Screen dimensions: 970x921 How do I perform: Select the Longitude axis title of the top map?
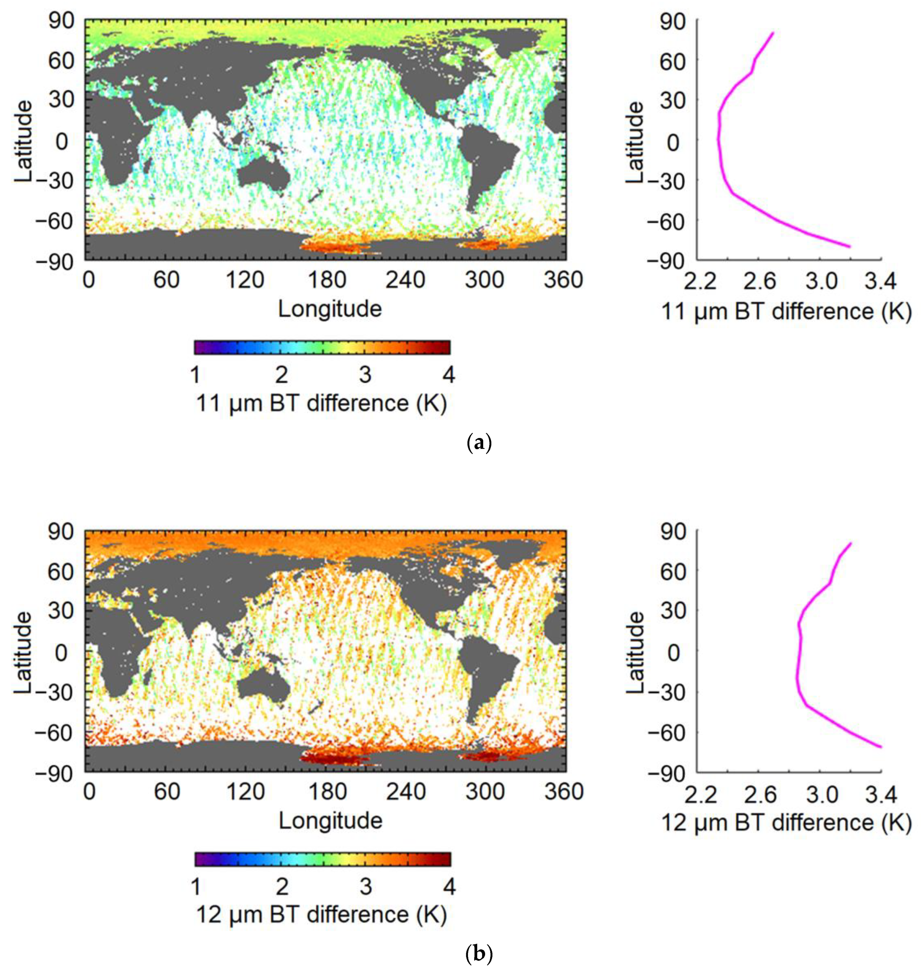coord(330,309)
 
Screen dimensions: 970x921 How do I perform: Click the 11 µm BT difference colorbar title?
coord(322,403)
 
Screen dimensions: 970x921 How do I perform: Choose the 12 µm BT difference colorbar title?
coord(322,914)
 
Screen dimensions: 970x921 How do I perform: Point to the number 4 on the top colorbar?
coord(448,375)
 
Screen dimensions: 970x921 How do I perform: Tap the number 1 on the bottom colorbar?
coord(195,887)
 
